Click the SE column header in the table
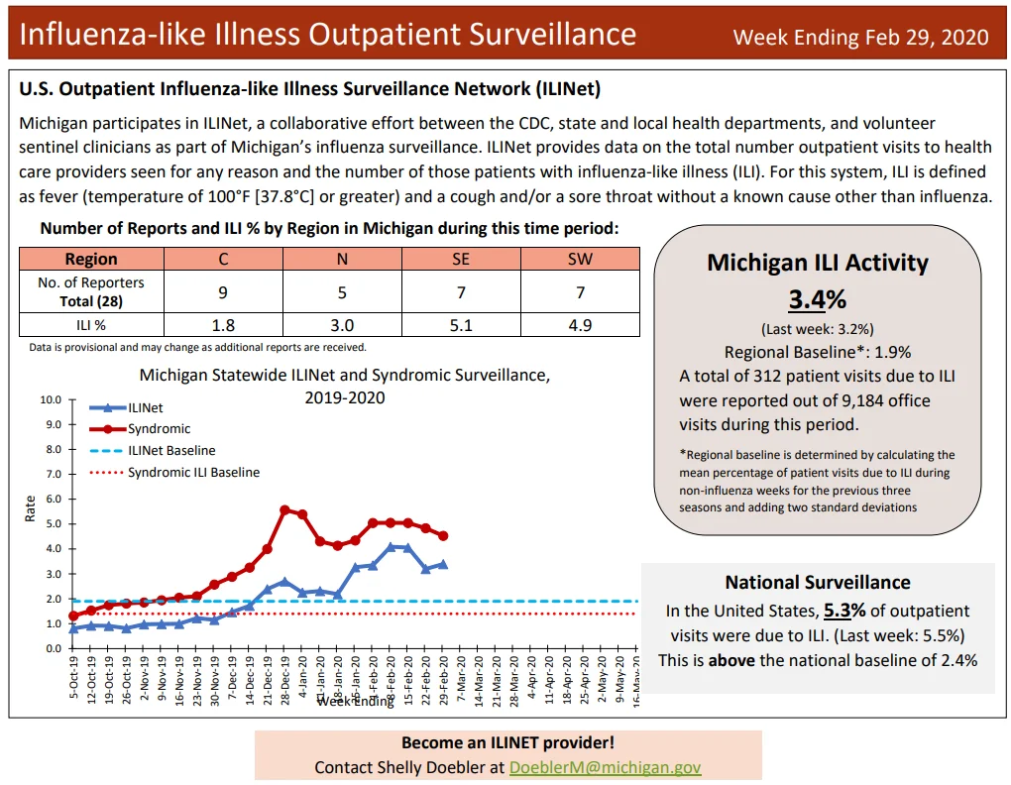pyautogui.click(x=461, y=259)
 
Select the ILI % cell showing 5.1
pyautogui.click(x=461, y=325)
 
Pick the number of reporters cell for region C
pyautogui.click(x=223, y=292)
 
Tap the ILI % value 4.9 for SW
pyautogui.click(x=580, y=325)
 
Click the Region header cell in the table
pyautogui.click(x=91, y=259)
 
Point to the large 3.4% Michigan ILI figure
pyautogui.click(x=818, y=299)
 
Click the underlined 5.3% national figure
pyautogui.click(x=844, y=611)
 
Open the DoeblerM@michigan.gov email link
pyautogui.click(x=605, y=767)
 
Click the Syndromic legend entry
pyautogui.click(x=140, y=428)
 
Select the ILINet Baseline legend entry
pyautogui.click(x=153, y=451)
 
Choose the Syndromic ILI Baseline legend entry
pyautogui.click(x=174, y=473)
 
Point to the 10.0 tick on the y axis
pyautogui.click(x=51, y=399)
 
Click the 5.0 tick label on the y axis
pyautogui.click(x=55, y=523)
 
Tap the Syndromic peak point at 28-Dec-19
pyautogui.click(x=285, y=509)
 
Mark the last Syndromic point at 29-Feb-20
pyautogui.click(x=443, y=535)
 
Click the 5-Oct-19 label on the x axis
pyautogui.click(x=73, y=677)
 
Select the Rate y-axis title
pyautogui.click(x=30, y=507)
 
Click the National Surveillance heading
pyautogui.click(x=818, y=582)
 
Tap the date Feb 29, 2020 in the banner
pyautogui.click(x=927, y=38)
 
